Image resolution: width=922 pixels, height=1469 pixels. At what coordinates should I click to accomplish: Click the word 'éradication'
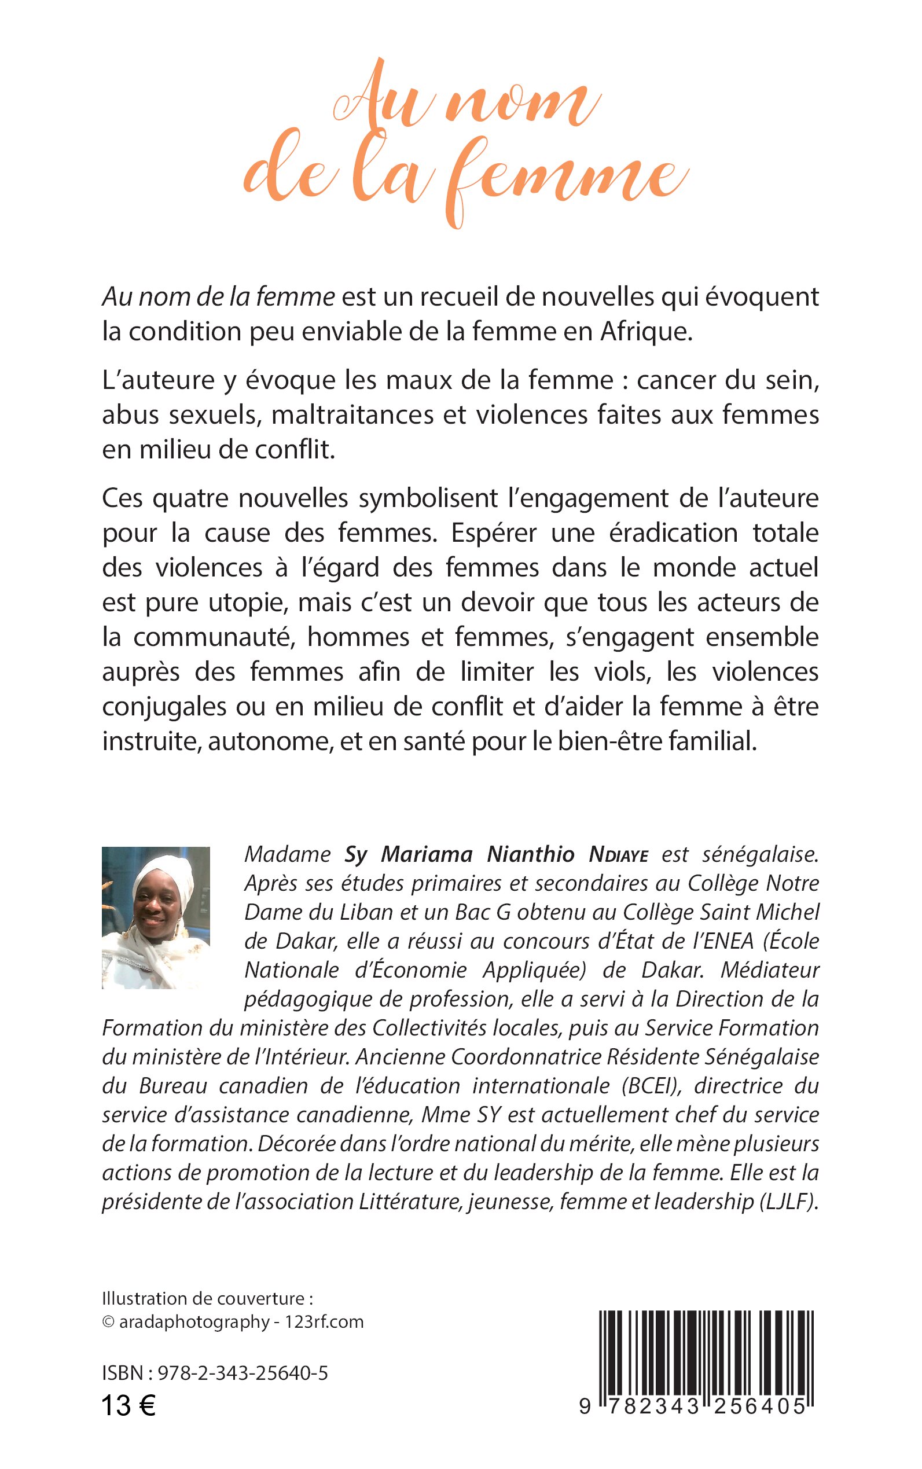coord(673,533)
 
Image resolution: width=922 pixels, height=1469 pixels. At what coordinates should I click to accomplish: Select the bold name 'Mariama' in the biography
coord(427,854)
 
